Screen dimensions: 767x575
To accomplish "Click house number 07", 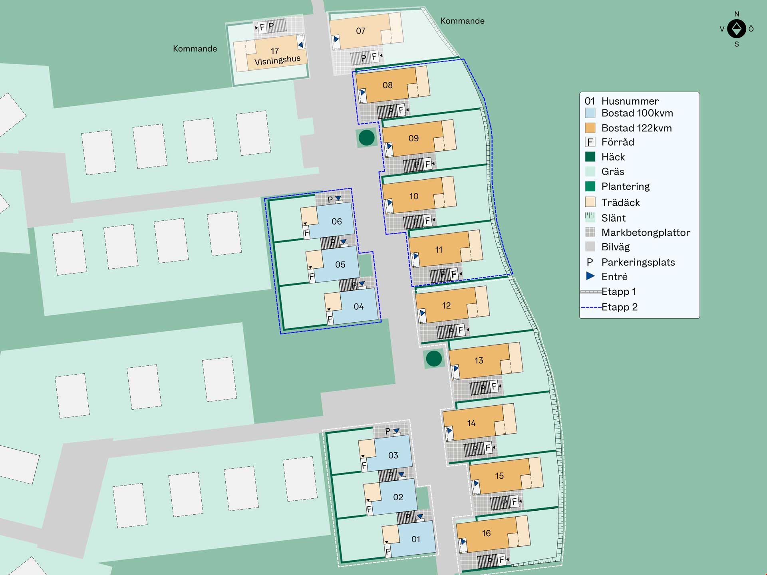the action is click(360, 31).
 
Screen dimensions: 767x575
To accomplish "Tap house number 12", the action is click(446, 305).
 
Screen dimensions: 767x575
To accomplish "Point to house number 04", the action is click(358, 306).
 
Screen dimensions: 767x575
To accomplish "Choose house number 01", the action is click(415, 539).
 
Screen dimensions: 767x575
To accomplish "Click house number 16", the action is click(486, 533).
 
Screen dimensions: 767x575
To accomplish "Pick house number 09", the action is click(413, 138).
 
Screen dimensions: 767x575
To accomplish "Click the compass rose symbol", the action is click(737, 29).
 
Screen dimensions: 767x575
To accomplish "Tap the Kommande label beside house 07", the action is click(462, 21).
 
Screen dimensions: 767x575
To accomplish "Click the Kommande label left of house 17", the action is click(195, 49).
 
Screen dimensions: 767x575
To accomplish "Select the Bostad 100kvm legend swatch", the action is click(590, 113).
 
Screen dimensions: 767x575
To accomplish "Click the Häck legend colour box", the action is click(590, 157).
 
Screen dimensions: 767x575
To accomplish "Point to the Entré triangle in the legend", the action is click(590, 276).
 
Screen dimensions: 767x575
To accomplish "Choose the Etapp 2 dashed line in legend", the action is click(591, 307).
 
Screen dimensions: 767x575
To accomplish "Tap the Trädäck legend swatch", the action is click(590, 202).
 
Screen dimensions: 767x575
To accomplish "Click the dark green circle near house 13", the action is click(434, 359).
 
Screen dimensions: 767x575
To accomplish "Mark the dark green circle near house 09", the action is click(366, 138).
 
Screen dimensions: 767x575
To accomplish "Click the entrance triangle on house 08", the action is click(363, 93).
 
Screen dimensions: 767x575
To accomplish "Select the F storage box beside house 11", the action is click(454, 274).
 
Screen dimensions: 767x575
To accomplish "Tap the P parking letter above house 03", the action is click(387, 431).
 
